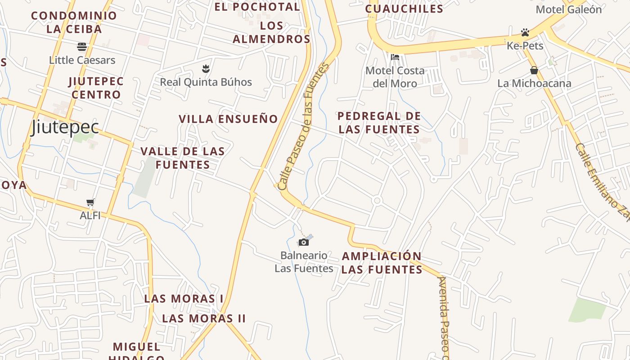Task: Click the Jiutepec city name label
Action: (x=65, y=127)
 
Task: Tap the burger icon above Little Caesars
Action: (x=82, y=46)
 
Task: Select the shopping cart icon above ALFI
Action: (x=90, y=202)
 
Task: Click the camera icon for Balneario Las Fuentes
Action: (x=304, y=243)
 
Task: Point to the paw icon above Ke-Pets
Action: (x=525, y=32)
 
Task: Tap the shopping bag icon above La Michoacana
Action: (x=534, y=70)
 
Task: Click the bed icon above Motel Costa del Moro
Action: (x=395, y=57)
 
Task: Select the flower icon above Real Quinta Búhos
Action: (x=206, y=69)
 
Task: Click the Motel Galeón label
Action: (x=569, y=9)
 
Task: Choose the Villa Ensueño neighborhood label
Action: (x=229, y=119)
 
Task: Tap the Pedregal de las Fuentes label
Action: (x=379, y=123)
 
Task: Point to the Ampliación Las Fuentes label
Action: (x=382, y=263)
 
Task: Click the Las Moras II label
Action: (x=204, y=319)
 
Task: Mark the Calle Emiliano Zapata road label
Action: (x=602, y=182)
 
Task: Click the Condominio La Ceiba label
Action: (x=74, y=22)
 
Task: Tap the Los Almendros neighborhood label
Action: (x=271, y=32)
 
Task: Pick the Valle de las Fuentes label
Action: (x=183, y=158)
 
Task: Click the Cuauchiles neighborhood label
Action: (x=404, y=9)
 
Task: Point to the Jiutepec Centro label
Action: (x=96, y=88)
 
